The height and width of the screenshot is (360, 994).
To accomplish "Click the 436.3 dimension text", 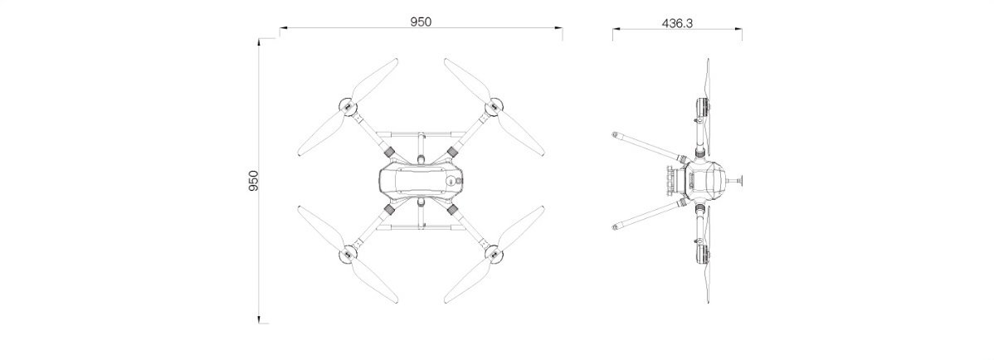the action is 678,23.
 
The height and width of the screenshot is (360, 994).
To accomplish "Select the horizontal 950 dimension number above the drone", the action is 421,22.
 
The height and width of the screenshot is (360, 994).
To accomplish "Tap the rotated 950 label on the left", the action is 254,182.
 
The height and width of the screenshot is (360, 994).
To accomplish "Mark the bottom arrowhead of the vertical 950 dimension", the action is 259,319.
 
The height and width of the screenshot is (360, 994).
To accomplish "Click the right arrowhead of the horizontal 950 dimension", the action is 559,28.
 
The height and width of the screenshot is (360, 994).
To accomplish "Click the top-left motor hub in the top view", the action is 348,108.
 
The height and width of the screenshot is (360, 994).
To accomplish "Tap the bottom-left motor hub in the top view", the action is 348,254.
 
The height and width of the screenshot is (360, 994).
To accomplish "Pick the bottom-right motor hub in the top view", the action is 495,254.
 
